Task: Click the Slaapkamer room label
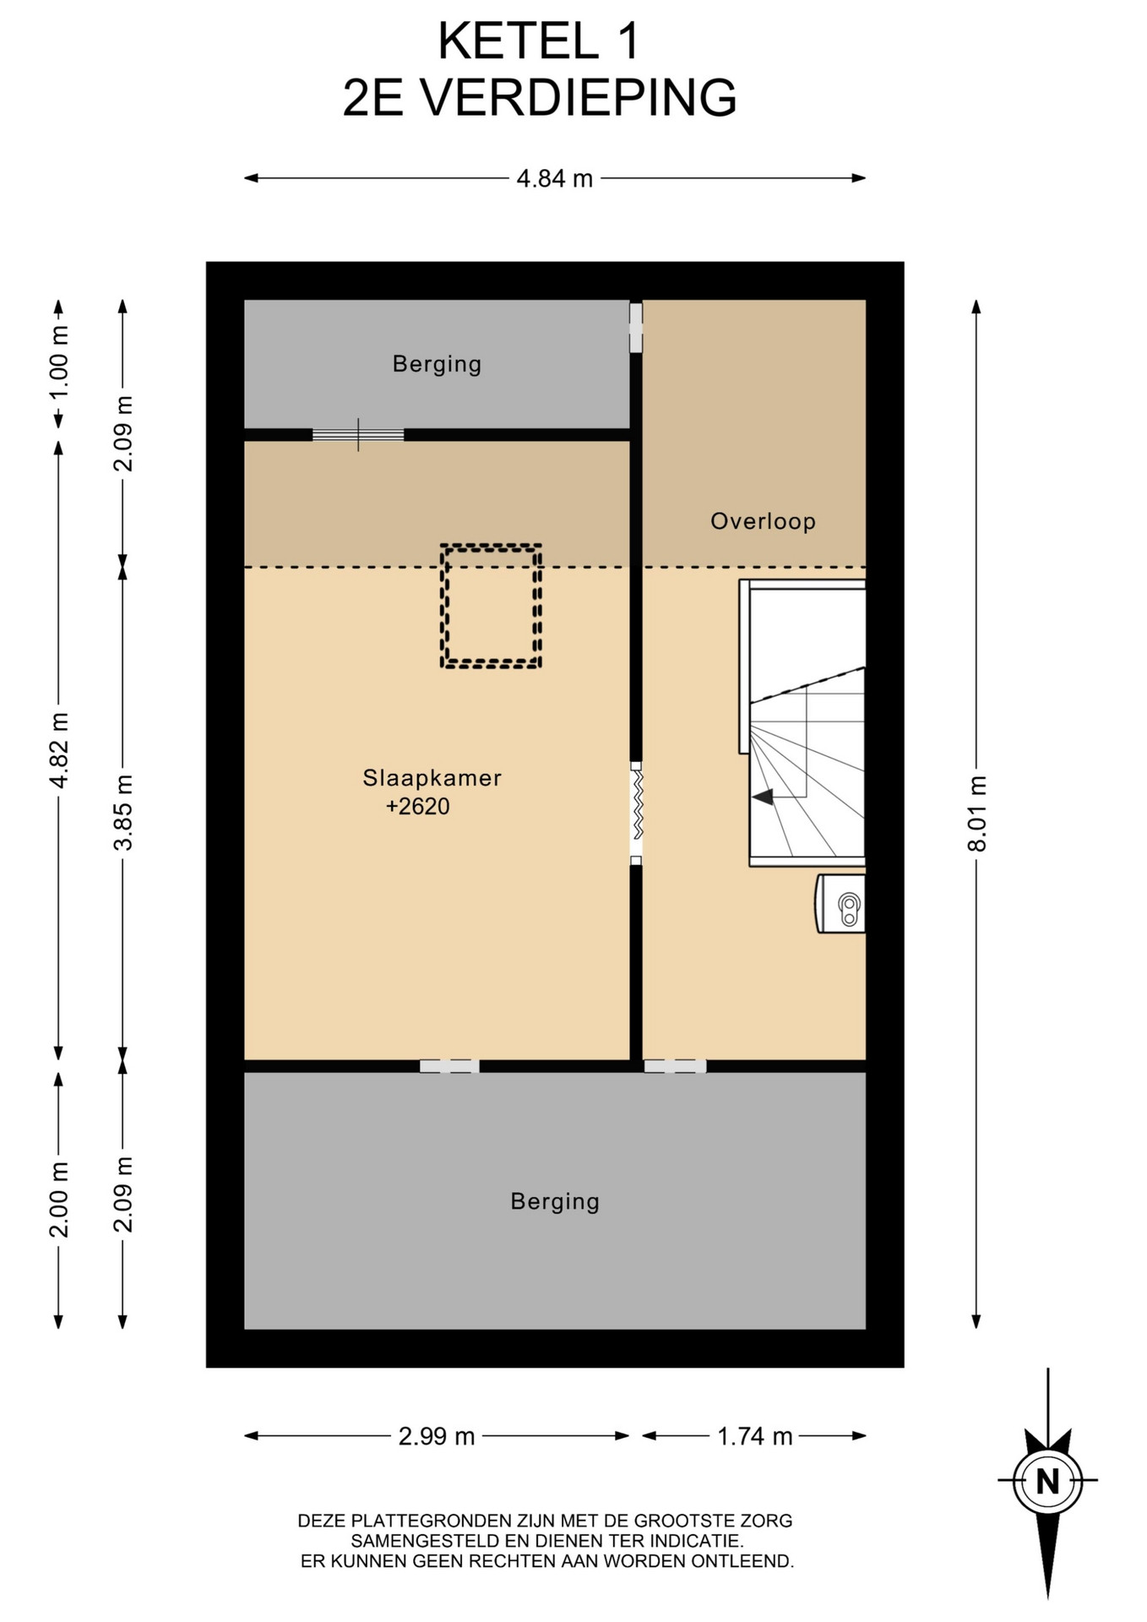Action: point(432,778)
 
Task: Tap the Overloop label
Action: point(763,521)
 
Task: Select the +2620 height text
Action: point(417,807)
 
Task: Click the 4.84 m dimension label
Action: point(555,179)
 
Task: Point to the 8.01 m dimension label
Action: point(976,814)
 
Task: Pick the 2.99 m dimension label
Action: point(437,1436)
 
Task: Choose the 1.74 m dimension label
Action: point(755,1436)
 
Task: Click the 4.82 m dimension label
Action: point(58,750)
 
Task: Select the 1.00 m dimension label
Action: point(58,363)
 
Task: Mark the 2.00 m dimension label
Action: point(58,1200)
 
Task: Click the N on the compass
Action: point(1047,1481)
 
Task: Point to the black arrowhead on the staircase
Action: point(762,797)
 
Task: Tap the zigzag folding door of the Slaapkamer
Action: point(636,813)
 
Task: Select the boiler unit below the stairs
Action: point(840,904)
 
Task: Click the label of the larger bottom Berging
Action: point(555,1201)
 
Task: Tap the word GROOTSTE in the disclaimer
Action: point(672,1521)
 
